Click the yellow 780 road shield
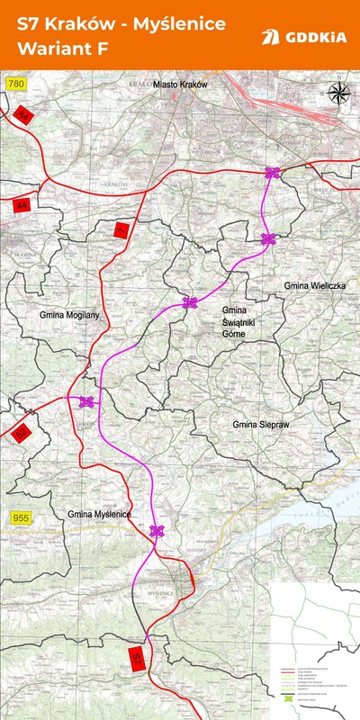click(x=13, y=84)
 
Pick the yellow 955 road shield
click(x=20, y=517)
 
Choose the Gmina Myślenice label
click(x=99, y=513)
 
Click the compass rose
click(x=339, y=93)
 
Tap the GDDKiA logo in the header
click(x=302, y=37)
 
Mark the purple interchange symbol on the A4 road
click(x=273, y=173)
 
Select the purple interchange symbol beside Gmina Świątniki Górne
click(x=190, y=302)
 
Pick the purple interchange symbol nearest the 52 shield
click(x=86, y=402)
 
